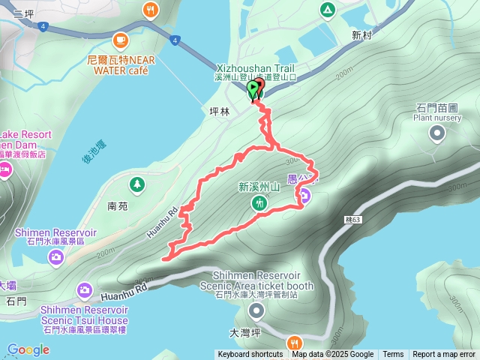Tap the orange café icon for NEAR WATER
[119, 40]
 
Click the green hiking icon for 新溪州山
[259, 203]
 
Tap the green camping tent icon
[326, 10]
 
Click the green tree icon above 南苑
[136, 184]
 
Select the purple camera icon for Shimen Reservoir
[56, 258]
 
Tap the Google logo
[28, 349]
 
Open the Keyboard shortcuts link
[250, 355]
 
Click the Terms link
[393, 355]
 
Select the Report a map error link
[444, 355]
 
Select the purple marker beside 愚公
[306, 196]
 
